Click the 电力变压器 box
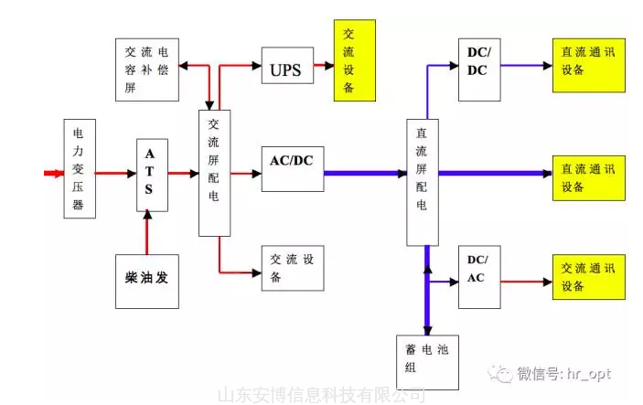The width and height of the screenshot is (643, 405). [x=80, y=168]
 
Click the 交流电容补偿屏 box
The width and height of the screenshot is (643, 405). [x=146, y=68]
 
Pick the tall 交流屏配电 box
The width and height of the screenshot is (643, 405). [x=214, y=173]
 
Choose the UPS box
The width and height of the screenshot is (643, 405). [x=287, y=69]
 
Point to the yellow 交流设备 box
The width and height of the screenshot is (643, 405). [x=355, y=60]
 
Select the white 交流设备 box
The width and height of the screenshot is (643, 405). [x=293, y=268]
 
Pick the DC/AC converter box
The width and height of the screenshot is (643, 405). [x=478, y=272]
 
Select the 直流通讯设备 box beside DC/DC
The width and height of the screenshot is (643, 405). [x=587, y=64]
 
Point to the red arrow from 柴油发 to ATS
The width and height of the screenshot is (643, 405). [x=146, y=229]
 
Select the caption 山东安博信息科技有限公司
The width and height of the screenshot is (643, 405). [x=321, y=395]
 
